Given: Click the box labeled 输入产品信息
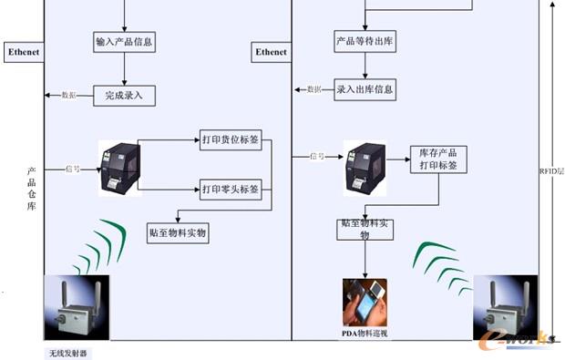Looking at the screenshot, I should pos(123,43).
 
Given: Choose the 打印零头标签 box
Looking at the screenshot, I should pos(231,190).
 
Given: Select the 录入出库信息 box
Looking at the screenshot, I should pos(365,89).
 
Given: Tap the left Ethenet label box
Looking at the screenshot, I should pos(24,52).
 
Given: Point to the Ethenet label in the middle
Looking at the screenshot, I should pos(271,53).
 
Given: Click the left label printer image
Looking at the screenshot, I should pos(118,167).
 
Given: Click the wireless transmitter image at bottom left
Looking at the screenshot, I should pos(76,308).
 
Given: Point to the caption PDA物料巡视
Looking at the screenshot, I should pos(365,335).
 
